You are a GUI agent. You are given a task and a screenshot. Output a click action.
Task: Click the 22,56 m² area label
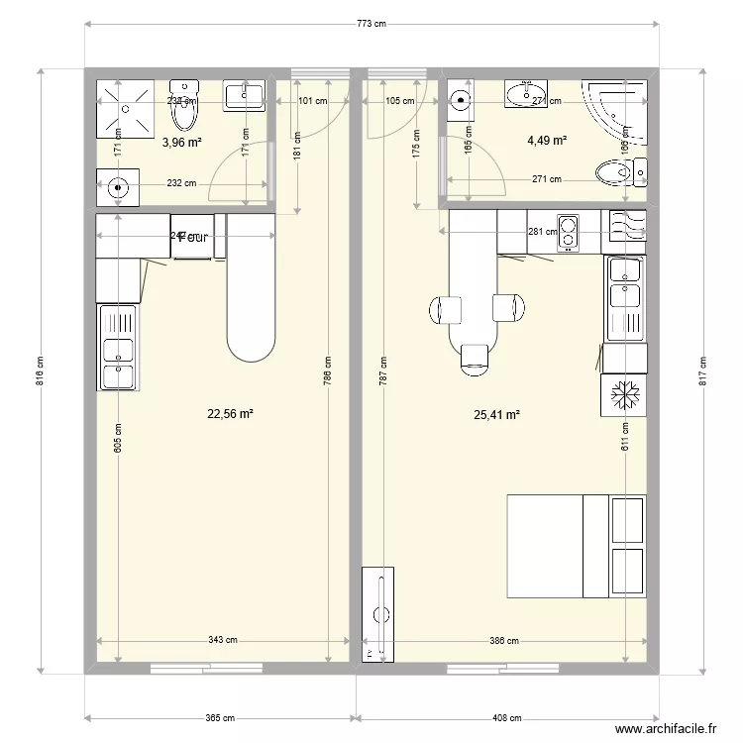[x=230, y=415]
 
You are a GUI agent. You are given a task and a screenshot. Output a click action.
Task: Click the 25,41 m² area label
[x=497, y=415]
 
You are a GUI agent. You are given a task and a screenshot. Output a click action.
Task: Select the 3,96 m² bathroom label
[x=181, y=143]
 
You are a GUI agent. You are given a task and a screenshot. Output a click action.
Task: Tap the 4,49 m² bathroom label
[x=547, y=141]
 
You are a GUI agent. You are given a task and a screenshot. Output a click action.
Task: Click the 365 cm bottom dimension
[x=221, y=718]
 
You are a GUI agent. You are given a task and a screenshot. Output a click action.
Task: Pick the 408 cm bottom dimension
[x=505, y=718]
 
